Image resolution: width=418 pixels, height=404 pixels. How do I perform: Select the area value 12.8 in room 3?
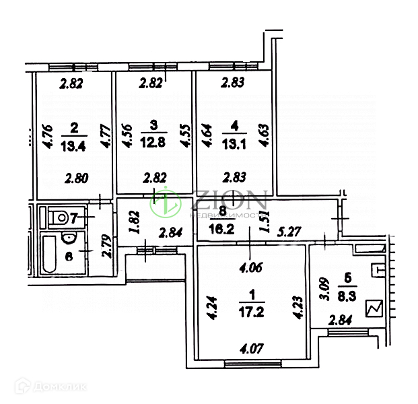pyautogui.click(x=153, y=147)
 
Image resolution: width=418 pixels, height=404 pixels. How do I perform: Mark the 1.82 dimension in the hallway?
pyautogui.click(x=133, y=222)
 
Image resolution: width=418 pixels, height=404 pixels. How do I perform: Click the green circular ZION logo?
pyautogui.click(x=164, y=203)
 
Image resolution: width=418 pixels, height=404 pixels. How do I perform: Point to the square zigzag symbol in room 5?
pyautogui.click(x=373, y=310)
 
